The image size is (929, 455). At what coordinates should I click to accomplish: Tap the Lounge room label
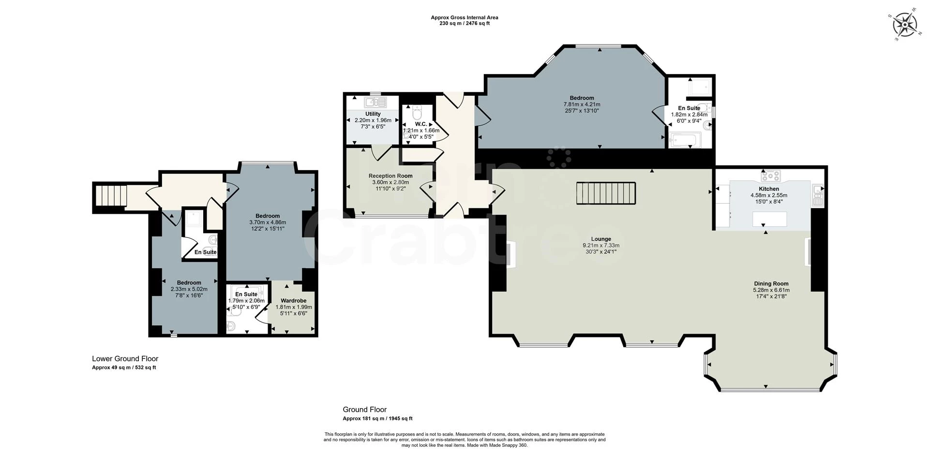pyautogui.click(x=601, y=239)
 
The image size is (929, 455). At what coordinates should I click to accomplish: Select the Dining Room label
pyautogui.click(x=771, y=284)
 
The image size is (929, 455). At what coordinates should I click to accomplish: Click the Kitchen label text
pyautogui.click(x=769, y=189)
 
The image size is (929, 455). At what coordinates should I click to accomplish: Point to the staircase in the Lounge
pyautogui.click(x=605, y=193)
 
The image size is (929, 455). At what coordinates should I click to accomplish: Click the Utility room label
pyautogui.click(x=373, y=114)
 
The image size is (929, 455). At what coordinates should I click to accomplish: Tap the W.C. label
pyautogui.click(x=421, y=124)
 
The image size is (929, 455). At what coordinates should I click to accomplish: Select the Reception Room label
pyautogui.click(x=390, y=176)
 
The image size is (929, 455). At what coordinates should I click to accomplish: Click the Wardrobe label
pyautogui.click(x=294, y=301)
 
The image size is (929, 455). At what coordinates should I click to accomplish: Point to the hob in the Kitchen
pyautogui.click(x=770, y=175)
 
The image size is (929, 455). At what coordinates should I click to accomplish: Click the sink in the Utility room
pyautogui.click(x=375, y=102)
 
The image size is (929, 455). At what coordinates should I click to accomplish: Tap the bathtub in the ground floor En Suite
pyautogui.click(x=683, y=142)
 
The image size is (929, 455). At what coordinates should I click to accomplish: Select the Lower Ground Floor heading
pyautogui.click(x=125, y=359)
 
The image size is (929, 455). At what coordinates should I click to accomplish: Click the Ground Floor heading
pyautogui.click(x=365, y=410)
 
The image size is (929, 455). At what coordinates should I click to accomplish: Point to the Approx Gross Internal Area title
pyautogui.click(x=464, y=17)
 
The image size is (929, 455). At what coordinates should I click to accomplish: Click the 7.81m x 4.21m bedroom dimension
pyautogui.click(x=582, y=104)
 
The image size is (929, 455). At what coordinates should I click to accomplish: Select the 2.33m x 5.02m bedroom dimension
pyautogui.click(x=189, y=289)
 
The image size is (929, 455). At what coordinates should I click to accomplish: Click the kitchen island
pyautogui.click(x=769, y=220)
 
